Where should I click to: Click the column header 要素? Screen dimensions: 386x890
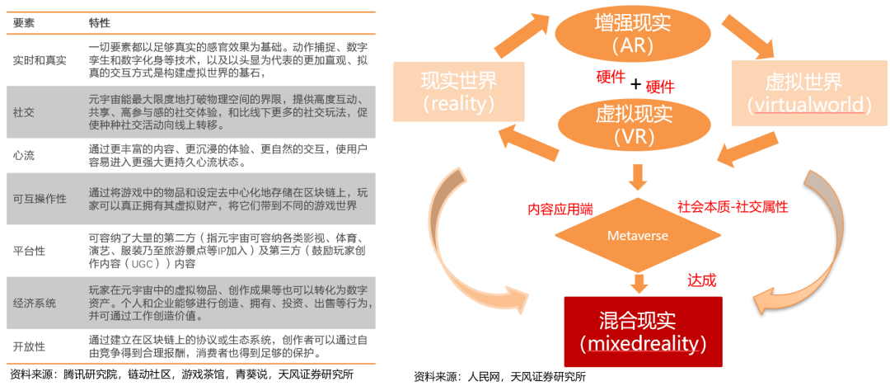[x=23, y=23]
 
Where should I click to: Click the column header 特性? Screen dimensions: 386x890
[x=99, y=23]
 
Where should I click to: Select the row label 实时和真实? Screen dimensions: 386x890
[x=40, y=60]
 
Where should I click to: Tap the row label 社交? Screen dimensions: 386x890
[x=23, y=111]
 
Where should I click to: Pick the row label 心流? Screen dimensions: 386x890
[x=23, y=154]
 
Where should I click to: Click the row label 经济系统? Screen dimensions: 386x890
[x=35, y=303]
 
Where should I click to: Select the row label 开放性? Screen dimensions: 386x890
[x=29, y=346]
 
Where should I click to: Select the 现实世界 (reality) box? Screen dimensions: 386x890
[x=458, y=92]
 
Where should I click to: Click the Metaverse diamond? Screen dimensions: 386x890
[x=637, y=237]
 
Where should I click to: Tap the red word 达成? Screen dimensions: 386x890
[x=702, y=280]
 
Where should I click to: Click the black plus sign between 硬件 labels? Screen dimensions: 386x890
[x=635, y=85]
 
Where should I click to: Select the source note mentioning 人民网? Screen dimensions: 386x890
[x=499, y=377]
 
